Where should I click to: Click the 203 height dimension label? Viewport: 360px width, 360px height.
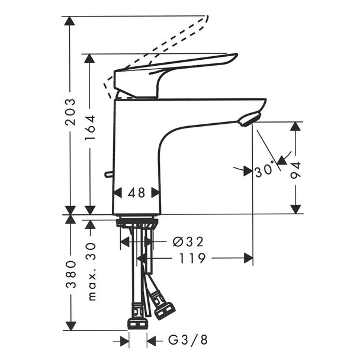70,112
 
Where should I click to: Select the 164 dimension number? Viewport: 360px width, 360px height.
90,128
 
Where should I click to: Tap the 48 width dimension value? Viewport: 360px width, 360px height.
136,192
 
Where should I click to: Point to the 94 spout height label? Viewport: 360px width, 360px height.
295,170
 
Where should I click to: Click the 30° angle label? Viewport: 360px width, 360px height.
265,170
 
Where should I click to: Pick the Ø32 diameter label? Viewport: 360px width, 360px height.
188,242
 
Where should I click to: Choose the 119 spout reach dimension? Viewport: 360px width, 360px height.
192,258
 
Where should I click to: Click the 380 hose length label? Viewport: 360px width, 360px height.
70,274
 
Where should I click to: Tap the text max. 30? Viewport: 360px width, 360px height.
92,272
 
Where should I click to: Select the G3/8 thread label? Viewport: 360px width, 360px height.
188,340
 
